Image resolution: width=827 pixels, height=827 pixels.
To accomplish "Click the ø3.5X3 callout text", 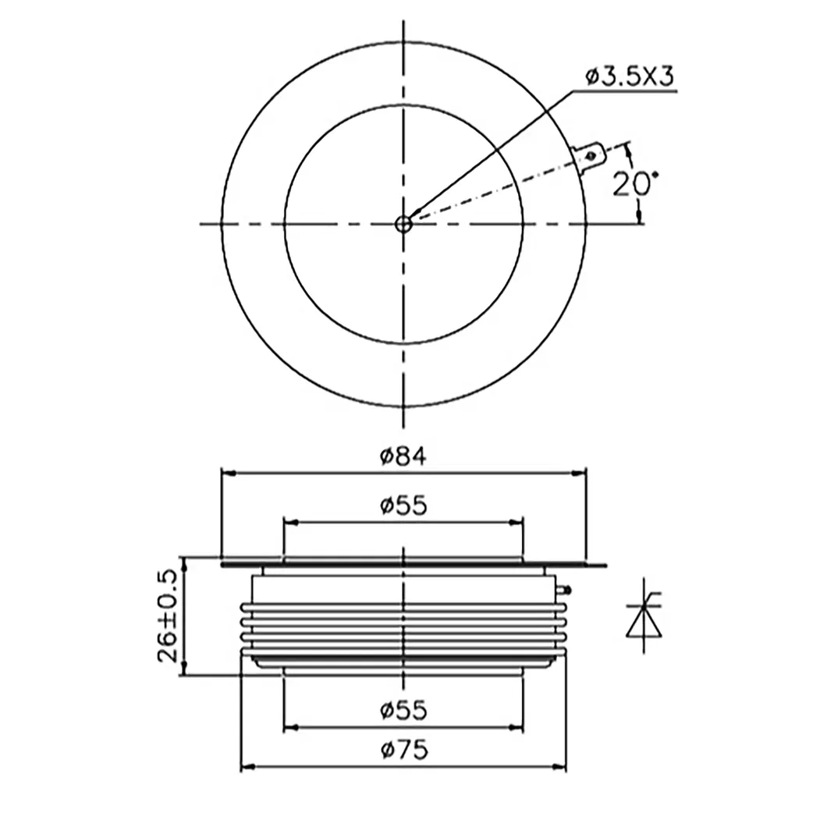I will click(629, 76).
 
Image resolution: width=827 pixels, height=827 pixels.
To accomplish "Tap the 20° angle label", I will click(634, 184).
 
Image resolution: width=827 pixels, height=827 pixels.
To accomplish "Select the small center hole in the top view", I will click(403, 224).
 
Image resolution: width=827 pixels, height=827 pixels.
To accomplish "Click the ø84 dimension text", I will click(403, 456).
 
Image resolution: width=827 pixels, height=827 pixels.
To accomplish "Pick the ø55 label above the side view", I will click(403, 506).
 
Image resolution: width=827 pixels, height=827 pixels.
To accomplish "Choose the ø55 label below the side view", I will click(403, 711).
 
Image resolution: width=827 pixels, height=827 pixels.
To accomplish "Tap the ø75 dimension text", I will click(403, 751).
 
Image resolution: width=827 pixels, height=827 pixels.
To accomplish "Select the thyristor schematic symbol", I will click(642, 616).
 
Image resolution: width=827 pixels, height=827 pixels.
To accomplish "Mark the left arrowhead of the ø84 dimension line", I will click(227, 472).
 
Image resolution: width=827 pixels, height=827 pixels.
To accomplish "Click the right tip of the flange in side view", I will click(604, 565).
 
